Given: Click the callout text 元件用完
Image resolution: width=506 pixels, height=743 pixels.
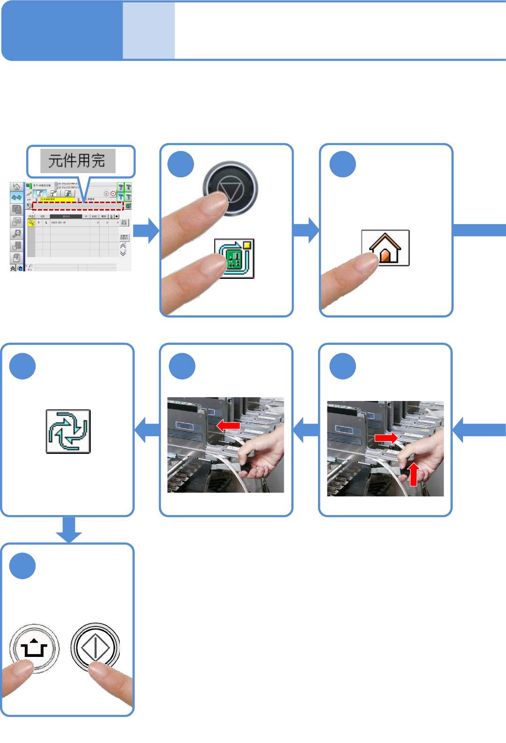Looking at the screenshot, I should (x=77, y=161).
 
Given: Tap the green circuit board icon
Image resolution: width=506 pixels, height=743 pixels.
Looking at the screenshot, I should (x=234, y=259).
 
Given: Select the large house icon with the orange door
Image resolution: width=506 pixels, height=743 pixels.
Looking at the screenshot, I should (x=385, y=248).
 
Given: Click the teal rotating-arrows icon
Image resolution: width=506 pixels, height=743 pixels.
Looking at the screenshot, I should (x=68, y=431).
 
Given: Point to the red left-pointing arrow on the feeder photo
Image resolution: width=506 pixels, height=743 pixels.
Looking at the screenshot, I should (x=228, y=425).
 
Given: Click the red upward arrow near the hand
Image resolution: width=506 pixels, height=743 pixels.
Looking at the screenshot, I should (x=414, y=474).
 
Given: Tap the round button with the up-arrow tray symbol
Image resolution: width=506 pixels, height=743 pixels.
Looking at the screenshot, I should (x=34, y=648).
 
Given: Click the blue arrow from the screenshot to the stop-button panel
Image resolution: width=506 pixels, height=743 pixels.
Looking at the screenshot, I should (x=146, y=231).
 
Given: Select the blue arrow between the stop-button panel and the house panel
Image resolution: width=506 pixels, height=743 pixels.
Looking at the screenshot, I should (x=306, y=230).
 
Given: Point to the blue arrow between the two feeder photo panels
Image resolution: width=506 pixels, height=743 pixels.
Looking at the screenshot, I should (x=306, y=430).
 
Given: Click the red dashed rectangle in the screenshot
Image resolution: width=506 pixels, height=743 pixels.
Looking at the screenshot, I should (x=78, y=206).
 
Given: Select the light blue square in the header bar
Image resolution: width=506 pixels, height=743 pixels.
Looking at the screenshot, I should (x=149, y=31).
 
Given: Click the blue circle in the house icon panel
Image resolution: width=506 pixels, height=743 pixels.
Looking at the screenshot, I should (x=343, y=164).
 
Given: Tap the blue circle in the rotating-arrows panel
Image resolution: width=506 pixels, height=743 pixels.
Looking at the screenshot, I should (x=22, y=366).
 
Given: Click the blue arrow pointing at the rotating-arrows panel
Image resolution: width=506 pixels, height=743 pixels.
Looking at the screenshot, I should (x=147, y=430).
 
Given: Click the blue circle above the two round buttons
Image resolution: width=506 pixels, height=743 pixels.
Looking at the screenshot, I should (x=22, y=566).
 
